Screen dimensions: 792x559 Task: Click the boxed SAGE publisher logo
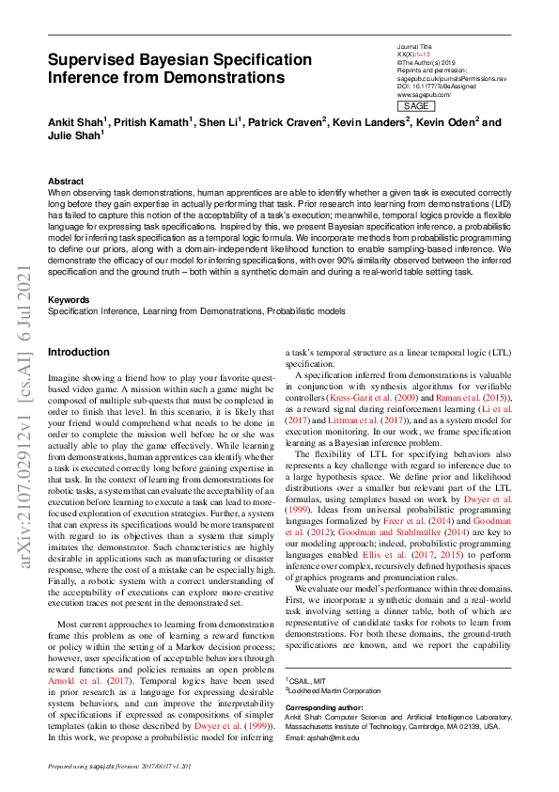pos(416,106)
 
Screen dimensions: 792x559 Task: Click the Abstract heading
pos(65,181)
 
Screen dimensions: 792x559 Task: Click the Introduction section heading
pos(78,352)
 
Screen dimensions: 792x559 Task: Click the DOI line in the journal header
pos(436,86)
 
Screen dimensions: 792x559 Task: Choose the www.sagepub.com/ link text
pos(424,95)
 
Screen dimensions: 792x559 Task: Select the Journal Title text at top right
pos(414,45)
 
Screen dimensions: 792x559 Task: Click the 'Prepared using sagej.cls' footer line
pos(119,768)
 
